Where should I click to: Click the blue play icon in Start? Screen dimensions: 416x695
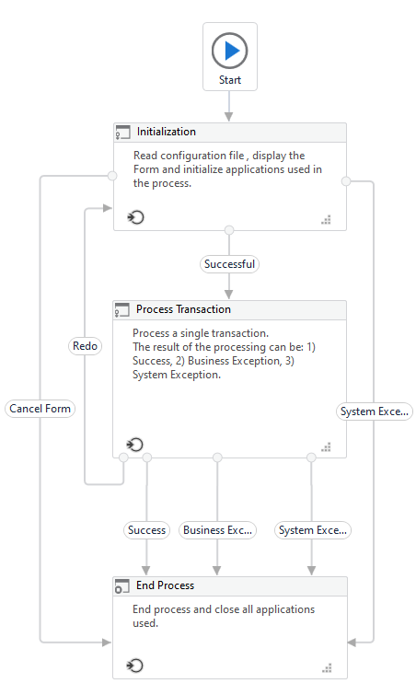click(232, 51)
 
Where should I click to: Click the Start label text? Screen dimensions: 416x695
click(230, 80)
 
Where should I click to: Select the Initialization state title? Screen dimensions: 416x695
click(167, 132)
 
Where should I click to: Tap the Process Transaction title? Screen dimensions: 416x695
click(183, 309)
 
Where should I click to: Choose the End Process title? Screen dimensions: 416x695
click(166, 585)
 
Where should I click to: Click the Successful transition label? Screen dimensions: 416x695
click(229, 264)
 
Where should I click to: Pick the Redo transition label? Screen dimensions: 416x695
click(85, 346)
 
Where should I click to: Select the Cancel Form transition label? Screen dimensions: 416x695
click(40, 408)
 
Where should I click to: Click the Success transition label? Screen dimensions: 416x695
click(146, 530)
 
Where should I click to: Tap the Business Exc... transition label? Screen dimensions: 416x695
click(217, 530)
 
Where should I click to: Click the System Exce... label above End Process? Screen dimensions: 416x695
click(313, 530)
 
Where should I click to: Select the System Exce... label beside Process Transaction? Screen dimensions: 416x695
click(375, 411)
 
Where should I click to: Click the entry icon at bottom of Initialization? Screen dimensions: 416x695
click(136, 217)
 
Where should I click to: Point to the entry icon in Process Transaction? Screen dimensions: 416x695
click(135, 444)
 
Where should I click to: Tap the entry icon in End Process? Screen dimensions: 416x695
click(135, 666)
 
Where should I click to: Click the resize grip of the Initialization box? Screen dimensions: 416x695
click(326, 220)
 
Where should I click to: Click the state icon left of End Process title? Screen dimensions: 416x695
click(121, 586)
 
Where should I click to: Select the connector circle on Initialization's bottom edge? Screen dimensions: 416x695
click(229, 230)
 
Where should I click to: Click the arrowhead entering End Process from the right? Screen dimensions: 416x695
click(352, 642)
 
